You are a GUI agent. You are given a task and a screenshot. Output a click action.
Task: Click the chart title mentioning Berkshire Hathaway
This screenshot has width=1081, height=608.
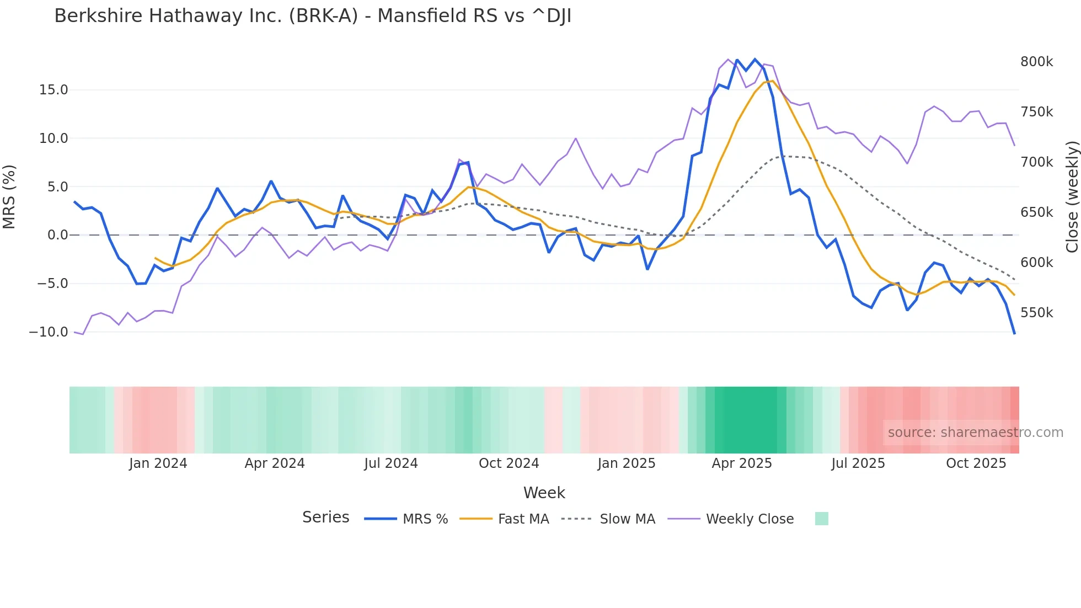tap(313, 16)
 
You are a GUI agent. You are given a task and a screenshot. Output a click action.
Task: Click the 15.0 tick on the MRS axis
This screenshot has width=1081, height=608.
tap(53, 90)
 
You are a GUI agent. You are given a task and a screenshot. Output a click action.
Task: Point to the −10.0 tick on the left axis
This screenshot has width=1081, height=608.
tap(49, 332)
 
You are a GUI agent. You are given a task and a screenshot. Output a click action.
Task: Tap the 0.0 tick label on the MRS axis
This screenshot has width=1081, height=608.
tap(57, 235)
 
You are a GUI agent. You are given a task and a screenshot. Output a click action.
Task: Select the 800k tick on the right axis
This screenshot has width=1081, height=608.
tap(1036, 62)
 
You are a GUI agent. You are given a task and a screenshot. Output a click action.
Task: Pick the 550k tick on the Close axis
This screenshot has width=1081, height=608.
tap(1036, 313)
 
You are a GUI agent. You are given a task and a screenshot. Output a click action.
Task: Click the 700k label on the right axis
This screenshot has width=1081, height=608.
tap(1036, 162)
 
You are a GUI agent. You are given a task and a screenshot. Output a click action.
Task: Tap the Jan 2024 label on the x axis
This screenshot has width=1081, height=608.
tap(158, 463)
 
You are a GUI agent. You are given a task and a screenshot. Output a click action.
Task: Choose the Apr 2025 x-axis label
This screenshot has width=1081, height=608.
tap(742, 463)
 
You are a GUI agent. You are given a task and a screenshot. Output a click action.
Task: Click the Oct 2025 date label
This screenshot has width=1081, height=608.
tap(976, 463)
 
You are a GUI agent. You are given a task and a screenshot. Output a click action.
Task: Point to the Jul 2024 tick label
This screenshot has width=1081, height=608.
tap(391, 463)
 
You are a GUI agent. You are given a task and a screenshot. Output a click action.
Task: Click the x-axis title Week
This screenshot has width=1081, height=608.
tap(544, 493)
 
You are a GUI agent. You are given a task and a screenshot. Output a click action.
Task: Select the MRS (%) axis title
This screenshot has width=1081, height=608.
tap(9, 197)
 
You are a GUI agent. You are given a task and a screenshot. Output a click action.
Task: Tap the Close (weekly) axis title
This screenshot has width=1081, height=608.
tap(1072, 197)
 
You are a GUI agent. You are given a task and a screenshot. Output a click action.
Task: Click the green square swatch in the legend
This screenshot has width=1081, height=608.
tap(822, 519)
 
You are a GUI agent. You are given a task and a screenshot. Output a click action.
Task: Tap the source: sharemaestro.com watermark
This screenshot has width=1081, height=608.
tap(975, 433)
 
